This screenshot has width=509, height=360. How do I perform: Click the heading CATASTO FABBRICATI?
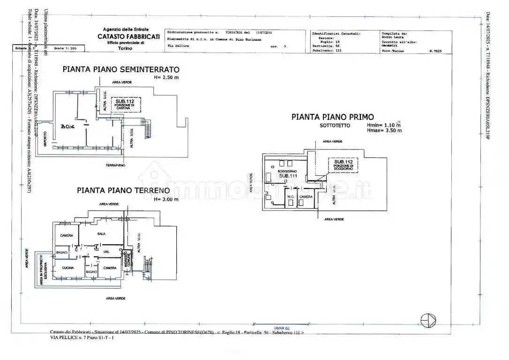(128, 37)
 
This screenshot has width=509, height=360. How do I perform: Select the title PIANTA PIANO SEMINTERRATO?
(121, 70)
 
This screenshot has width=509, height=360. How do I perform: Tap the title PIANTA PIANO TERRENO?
(123, 190)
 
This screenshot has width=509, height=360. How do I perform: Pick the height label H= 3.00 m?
(166, 199)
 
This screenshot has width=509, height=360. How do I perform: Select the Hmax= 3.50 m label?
(384, 131)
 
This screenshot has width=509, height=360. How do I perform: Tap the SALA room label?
(101, 233)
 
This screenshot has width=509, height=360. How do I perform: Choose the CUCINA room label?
(68, 268)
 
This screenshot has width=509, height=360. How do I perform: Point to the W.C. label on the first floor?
(291, 196)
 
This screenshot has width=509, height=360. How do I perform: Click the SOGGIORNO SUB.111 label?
(288, 173)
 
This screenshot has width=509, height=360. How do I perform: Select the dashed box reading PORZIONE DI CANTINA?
(126, 105)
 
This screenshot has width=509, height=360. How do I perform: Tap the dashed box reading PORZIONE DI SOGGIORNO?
(343, 164)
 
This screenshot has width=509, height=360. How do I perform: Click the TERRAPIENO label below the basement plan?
(115, 166)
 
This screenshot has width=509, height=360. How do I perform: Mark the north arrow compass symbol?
(428, 320)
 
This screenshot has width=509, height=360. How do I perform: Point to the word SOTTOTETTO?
(333, 126)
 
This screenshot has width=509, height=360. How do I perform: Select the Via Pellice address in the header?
(178, 46)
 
